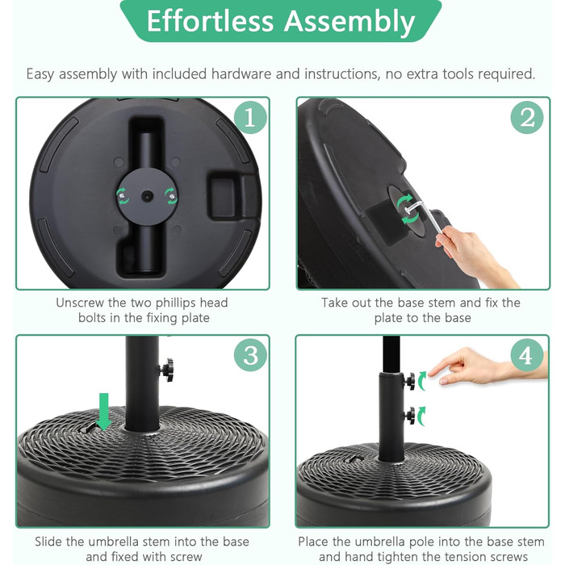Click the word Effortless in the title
[210, 21]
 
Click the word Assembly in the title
[349, 22]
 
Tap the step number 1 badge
[250, 118]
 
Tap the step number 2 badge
[527, 118]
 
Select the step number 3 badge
[250, 355]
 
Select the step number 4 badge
[527, 355]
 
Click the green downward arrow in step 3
[104, 412]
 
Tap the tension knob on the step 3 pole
[167, 370]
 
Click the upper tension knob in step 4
[410, 381]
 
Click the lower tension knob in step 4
[410, 416]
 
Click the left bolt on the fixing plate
[123, 196]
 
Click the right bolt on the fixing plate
[172, 197]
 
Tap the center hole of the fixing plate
[148, 196]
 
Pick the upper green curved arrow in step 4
[422, 380]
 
